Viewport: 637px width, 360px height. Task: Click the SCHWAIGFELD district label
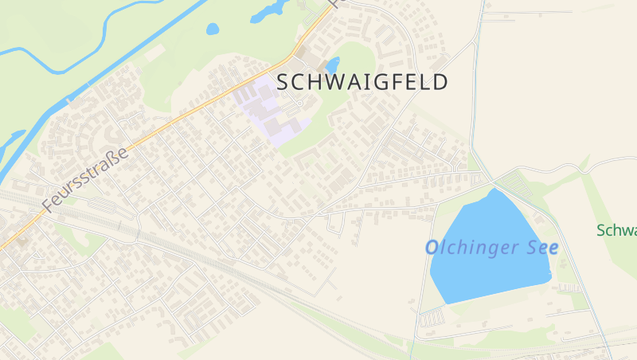point(362,82)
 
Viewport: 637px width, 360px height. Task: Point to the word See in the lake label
point(541,248)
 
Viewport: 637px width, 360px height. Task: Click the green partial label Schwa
point(618,231)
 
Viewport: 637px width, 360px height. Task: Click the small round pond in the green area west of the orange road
point(213,29)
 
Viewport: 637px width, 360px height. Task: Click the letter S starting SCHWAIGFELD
point(283,82)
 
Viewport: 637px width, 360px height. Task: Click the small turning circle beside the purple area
point(299,103)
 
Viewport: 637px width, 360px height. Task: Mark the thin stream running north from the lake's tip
point(476,80)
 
